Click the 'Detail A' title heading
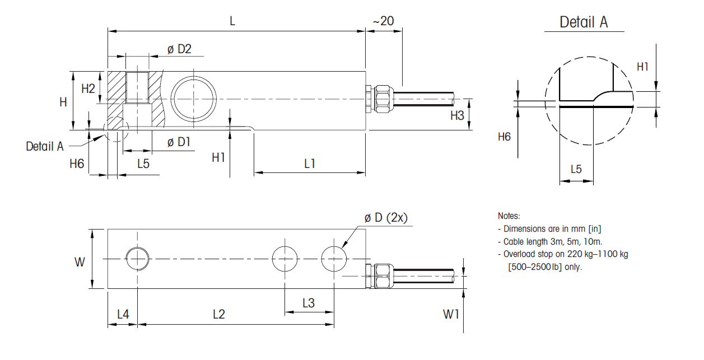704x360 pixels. click(584, 22)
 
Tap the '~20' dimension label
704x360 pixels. click(383, 21)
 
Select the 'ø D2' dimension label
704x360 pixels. click(179, 49)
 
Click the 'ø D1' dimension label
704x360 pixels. click(179, 142)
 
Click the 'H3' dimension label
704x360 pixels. click(458, 116)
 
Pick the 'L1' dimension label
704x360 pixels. click(310, 163)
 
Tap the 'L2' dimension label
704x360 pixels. click(219, 314)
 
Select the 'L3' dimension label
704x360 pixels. click(309, 303)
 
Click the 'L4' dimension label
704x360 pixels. click(123, 314)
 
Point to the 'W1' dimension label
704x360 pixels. click(451, 314)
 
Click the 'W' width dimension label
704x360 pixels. click(80, 261)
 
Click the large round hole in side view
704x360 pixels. click(194, 99)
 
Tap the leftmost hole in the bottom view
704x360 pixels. click(137, 259)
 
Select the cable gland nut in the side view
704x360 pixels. click(383, 99)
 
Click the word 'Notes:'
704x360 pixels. click(509, 216)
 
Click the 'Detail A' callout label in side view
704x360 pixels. click(45, 146)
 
